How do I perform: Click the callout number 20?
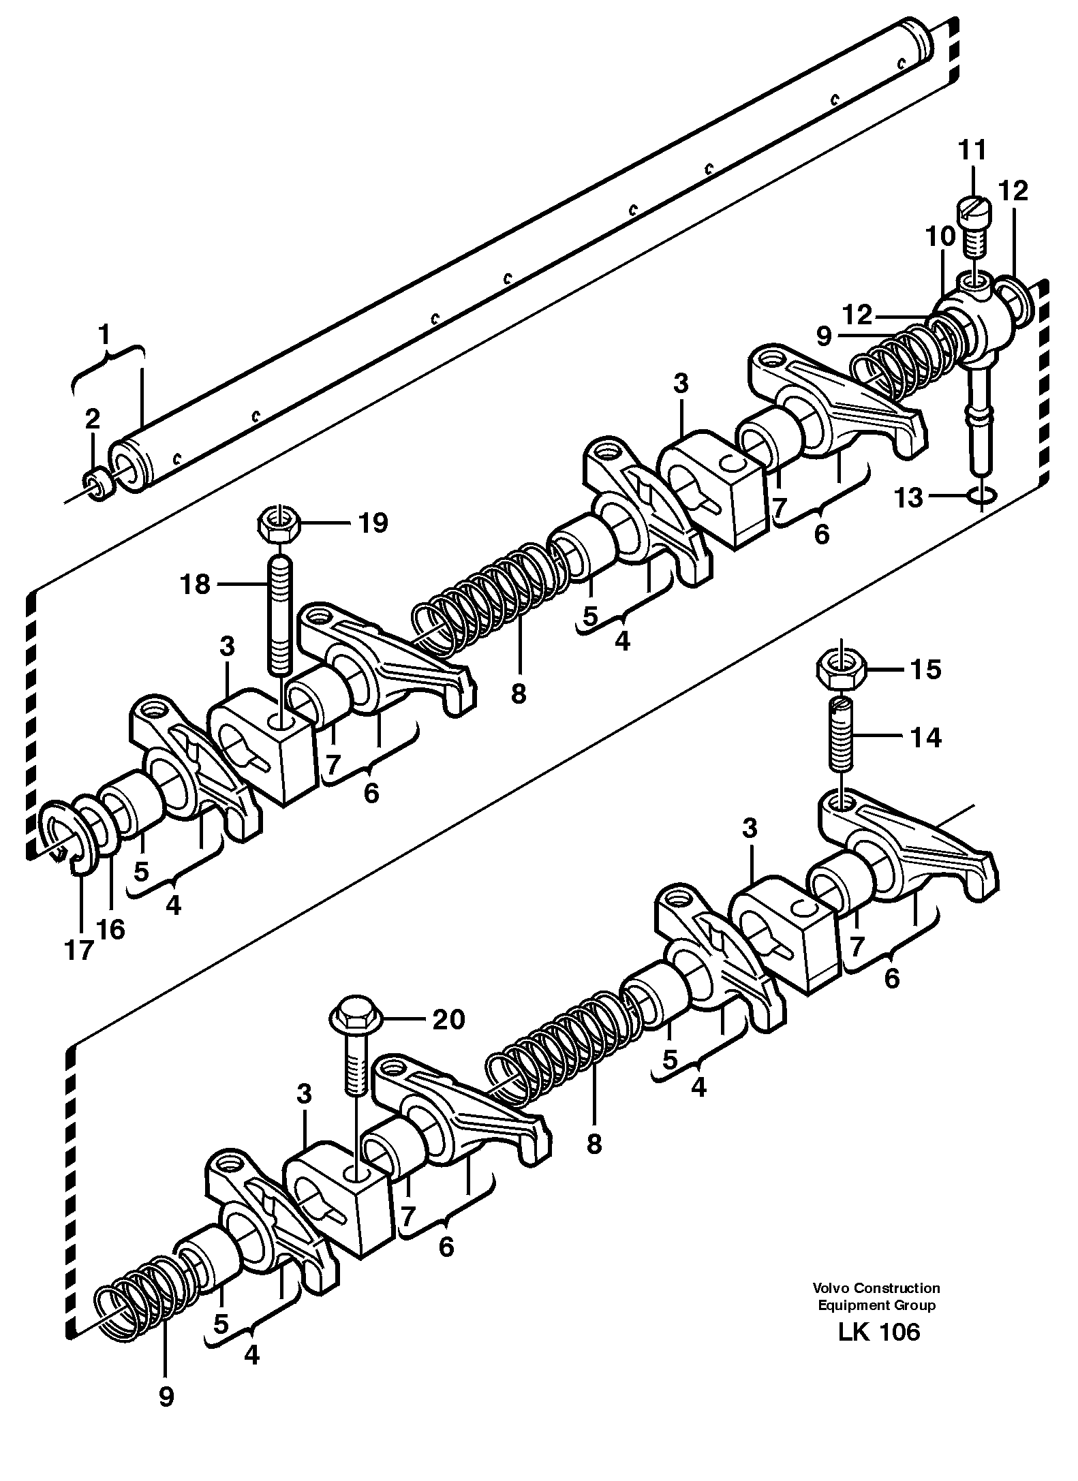[448, 1019]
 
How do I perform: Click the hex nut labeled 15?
[842, 669]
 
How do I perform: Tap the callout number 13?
[909, 498]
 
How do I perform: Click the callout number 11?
[972, 149]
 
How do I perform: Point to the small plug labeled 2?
[99, 484]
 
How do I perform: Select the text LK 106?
[879, 1332]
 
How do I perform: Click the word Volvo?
[830, 1288]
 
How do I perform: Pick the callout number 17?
[78, 950]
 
